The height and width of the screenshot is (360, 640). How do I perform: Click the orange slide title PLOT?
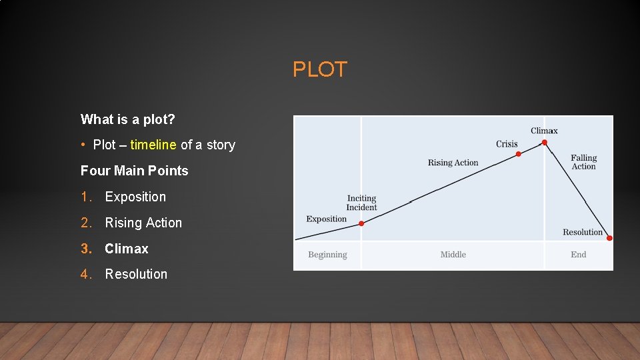320,69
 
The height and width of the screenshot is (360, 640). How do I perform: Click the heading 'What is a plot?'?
128,119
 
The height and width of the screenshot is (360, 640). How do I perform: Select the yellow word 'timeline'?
153,145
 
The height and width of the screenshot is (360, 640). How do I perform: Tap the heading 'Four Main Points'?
134,171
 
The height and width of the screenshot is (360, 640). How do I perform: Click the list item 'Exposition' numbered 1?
135,197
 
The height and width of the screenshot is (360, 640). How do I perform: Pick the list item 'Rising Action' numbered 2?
143,223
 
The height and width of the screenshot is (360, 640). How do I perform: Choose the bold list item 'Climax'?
127,249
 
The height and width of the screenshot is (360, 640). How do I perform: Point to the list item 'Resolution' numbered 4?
136,274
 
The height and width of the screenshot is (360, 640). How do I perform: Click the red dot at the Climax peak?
545,142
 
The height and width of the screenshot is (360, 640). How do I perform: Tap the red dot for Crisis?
519,154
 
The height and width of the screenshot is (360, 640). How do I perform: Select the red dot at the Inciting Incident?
361,223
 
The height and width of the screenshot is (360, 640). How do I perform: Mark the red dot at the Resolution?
609,238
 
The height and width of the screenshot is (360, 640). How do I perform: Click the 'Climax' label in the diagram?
544,131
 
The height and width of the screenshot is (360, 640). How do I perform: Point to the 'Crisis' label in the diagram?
507,144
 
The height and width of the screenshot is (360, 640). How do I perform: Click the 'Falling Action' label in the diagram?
583,162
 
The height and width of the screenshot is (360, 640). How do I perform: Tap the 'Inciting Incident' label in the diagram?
361,203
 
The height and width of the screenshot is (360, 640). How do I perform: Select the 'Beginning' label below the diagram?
327,255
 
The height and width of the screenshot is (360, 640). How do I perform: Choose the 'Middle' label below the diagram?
453,255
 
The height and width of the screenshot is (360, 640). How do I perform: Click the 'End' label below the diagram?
579,255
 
